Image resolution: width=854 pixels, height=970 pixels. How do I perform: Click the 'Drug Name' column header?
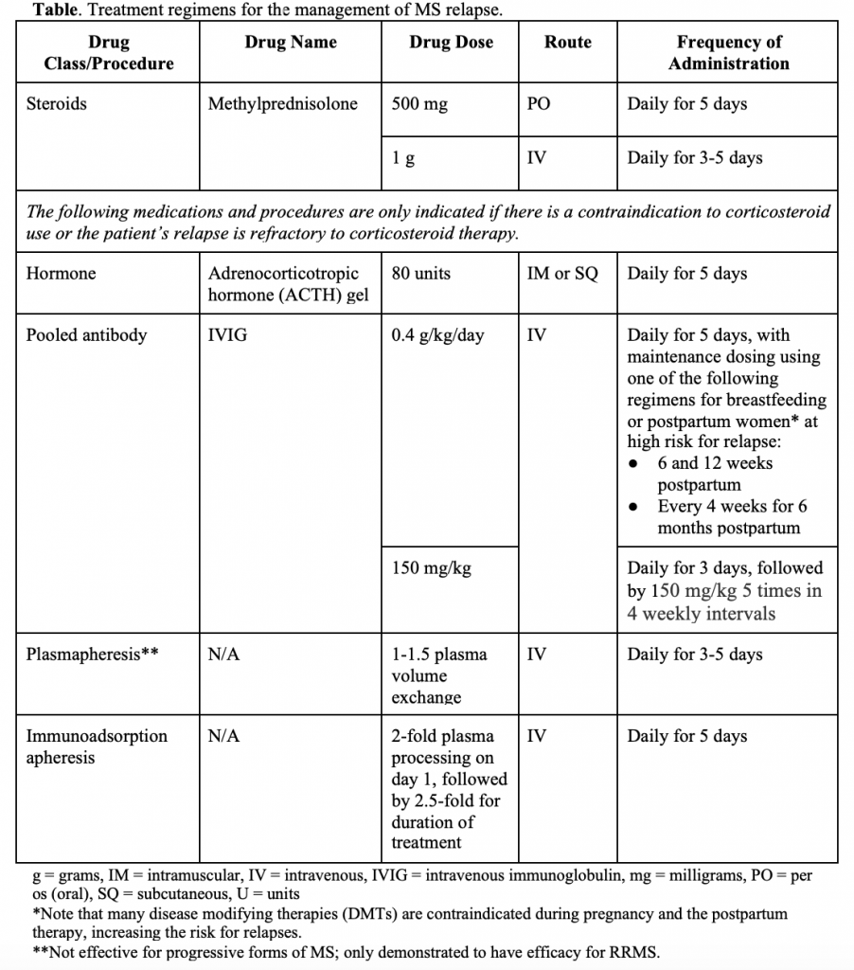[290, 43]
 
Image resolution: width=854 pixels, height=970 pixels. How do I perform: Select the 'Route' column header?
[567, 43]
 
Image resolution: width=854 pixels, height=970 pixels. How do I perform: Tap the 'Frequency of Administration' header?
[728, 53]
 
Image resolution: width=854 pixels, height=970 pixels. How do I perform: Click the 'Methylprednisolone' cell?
[282, 104]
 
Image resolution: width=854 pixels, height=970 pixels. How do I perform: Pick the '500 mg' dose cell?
[419, 104]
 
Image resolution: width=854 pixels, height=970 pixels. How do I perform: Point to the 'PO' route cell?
[538, 104]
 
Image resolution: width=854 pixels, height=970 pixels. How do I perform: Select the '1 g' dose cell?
[403, 158]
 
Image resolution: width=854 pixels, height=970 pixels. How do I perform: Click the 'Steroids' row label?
[56, 104]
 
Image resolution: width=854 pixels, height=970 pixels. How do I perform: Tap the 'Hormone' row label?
[61, 274]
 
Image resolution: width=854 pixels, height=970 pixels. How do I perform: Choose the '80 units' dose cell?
[420, 274]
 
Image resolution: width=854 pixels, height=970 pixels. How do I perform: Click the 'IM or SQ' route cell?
[562, 274]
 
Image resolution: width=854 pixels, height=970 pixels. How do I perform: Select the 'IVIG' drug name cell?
[227, 334]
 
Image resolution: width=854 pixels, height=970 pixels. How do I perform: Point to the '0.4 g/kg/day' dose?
[437, 334]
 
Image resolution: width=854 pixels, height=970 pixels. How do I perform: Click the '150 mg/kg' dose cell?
[431, 568]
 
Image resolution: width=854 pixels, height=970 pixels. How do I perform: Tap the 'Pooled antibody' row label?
[86, 334]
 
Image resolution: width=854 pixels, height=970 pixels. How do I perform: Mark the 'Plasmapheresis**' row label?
[91, 655]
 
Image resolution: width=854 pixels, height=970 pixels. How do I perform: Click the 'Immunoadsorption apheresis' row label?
[96, 746]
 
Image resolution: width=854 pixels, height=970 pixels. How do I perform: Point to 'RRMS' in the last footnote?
[633, 953]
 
